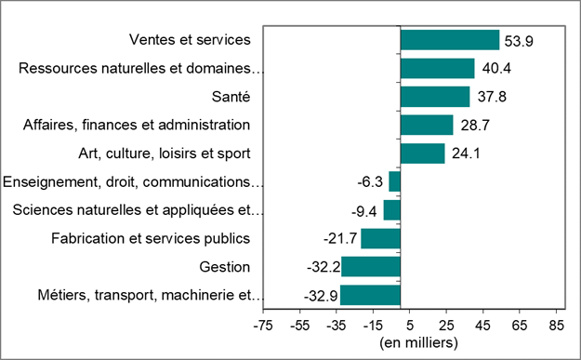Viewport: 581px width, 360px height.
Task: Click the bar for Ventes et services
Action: [450, 40]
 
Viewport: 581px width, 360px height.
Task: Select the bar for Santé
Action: [435, 97]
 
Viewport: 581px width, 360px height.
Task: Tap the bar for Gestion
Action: [371, 267]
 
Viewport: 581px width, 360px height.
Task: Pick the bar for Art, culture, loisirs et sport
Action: [423, 153]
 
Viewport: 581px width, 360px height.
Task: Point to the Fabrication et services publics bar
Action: [380, 238]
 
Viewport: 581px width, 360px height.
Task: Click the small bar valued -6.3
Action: [394, 181]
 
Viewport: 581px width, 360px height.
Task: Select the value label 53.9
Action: [519, 41]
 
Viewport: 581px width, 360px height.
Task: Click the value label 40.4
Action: [494, 69]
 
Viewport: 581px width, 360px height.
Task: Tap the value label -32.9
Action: [320, 297]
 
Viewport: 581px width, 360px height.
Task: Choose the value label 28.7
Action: [472, 126]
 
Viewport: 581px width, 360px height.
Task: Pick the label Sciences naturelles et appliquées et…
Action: [139, 210]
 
